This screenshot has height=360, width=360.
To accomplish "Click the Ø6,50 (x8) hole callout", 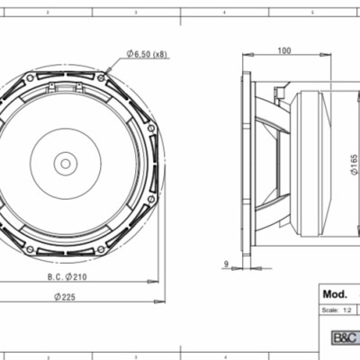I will tap(148, 56).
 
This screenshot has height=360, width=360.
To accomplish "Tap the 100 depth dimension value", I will tap(284, 51).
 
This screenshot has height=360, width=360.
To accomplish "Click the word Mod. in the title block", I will tap(334, 293).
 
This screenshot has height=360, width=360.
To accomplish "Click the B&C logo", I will tap(345, 338).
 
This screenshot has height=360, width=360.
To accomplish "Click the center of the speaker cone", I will tap(65, 163).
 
